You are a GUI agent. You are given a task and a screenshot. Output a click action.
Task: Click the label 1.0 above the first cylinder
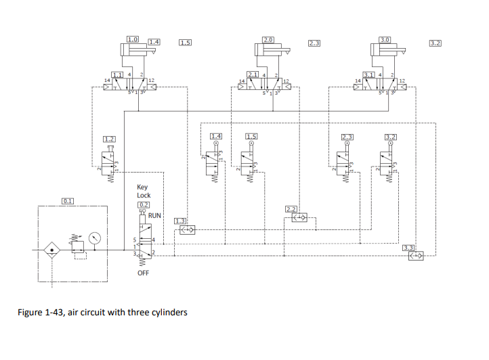coord(133,39)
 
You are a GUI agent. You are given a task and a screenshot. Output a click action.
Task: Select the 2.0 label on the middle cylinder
coord(268,39)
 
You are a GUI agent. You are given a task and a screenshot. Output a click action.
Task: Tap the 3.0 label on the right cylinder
coord(385,39)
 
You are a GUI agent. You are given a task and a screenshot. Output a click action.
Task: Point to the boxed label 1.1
coord(117,74)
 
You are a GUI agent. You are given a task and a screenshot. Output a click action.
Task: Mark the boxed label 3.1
coord(369,74)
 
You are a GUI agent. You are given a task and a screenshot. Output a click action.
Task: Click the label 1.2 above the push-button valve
coord(109,139)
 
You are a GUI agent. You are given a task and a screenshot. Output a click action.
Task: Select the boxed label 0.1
coord(68,200)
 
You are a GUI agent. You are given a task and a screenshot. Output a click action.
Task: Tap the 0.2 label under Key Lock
coord(143,204)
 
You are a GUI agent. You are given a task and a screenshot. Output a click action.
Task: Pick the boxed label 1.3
coord(180,221)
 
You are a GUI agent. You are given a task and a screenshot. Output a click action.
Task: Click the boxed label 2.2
coord(291,209)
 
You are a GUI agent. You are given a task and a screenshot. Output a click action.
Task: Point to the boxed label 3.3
coord(408,248)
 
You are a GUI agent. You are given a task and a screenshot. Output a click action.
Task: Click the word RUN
coord(154,215)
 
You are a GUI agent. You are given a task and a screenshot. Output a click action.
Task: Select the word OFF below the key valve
coord(143,273)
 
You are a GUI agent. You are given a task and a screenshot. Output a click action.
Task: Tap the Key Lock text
coord(144,191)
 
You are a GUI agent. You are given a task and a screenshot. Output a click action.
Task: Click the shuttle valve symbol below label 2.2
coord(299,218)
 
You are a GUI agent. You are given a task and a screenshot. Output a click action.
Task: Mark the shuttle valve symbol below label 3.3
coord(415,256)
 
